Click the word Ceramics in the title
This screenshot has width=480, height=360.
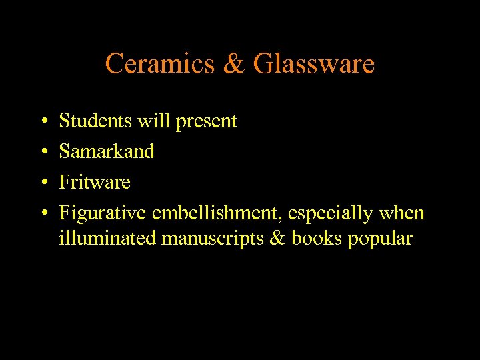coord(159,64)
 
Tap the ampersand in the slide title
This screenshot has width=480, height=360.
coord(233,64)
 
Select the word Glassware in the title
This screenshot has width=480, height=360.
coord(313,64)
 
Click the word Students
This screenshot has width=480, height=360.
coord(96,121)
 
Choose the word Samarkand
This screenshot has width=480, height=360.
coord(107,151)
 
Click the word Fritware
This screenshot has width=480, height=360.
coord(95,182)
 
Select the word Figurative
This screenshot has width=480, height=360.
coord(103,213)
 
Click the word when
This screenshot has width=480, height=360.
coord(401,213)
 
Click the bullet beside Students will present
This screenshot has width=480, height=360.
coord(43,122)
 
